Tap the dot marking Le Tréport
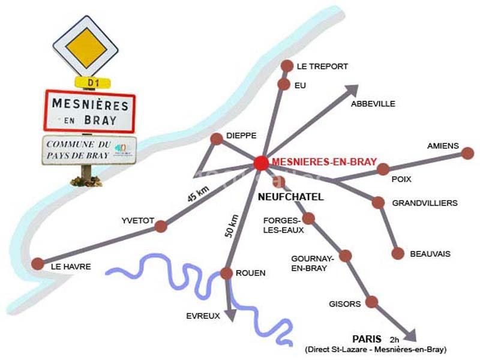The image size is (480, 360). (x=287, y=66)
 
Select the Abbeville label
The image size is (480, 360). (x=373, y=104)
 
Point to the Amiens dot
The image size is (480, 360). (x=467, y=153)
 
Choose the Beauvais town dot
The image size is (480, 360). (x=398, y=253)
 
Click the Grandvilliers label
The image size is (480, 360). (x=425, y=203)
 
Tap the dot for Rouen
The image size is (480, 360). (x=226, y=274)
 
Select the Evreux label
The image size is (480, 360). (x=203, y=316)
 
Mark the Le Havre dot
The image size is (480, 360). (x=38, y=263)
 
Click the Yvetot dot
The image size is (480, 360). (x=161, y=226)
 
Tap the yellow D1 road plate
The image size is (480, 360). (x=91, y=82)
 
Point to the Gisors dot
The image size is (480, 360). (x=372, y=302)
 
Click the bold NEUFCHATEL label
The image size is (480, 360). (x=291, y=197)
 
